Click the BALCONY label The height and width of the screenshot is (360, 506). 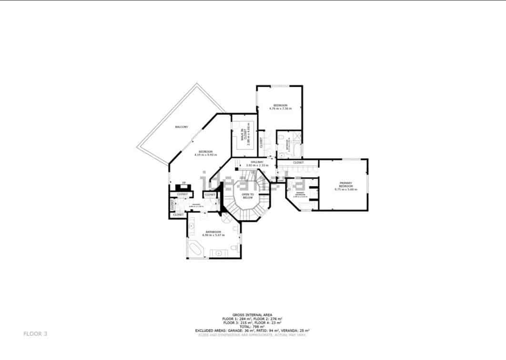pyautogui.click(x=181, y=127)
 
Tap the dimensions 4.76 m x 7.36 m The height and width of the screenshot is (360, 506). pyautogui.click(x=280, y=109)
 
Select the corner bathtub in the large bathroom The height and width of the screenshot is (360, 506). pyautogui.click(x=195, y=249)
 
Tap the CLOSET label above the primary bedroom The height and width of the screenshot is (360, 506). pyautogui.click(x=298, y=163)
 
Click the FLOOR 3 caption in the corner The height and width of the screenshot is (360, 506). pyautogui.click(x=35, y=334)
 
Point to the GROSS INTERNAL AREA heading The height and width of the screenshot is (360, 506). pyautogui.click(x=252, y=315)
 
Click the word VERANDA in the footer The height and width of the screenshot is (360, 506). pyautogui.click(x=292, y=330)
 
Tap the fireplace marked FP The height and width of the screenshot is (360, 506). pyautogui.click(x=183, y=186)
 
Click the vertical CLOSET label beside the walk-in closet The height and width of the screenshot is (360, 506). pyautogui.click(x=261, y=142)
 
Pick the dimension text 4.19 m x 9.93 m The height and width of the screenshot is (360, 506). pyautogui.click(x=205, y=155)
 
